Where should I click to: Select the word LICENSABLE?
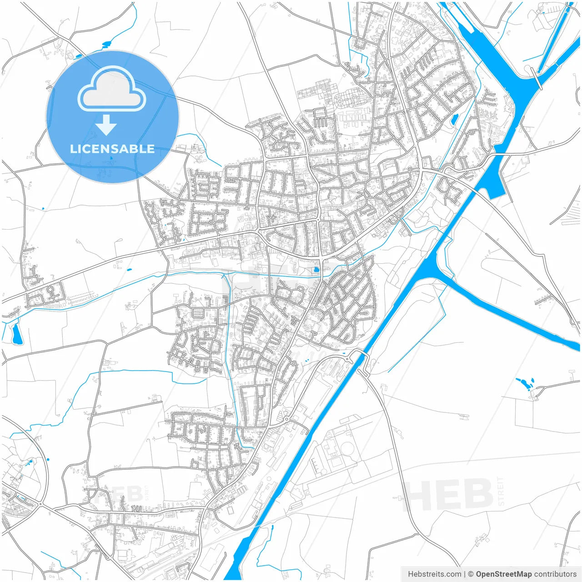click(112, 149)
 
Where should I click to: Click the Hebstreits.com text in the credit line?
click(434, 574)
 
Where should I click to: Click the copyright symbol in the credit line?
click(471, 574)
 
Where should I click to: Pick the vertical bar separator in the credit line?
click(465, 574)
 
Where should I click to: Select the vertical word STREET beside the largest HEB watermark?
click(501, 491)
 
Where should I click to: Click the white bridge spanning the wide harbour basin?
click(537, 79)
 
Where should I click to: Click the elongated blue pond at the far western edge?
click(17, 334)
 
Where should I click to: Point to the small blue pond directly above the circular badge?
click(106, 44)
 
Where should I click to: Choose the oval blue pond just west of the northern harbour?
click(454, 119)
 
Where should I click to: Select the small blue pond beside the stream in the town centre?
click(316, 270)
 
